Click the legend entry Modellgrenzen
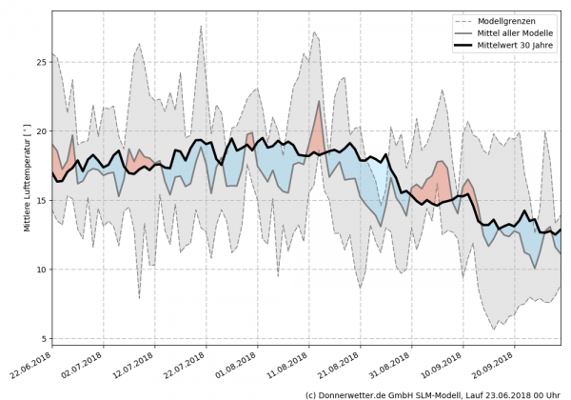click(x=505, y=20)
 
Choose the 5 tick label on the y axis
click(x=43, y=338)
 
